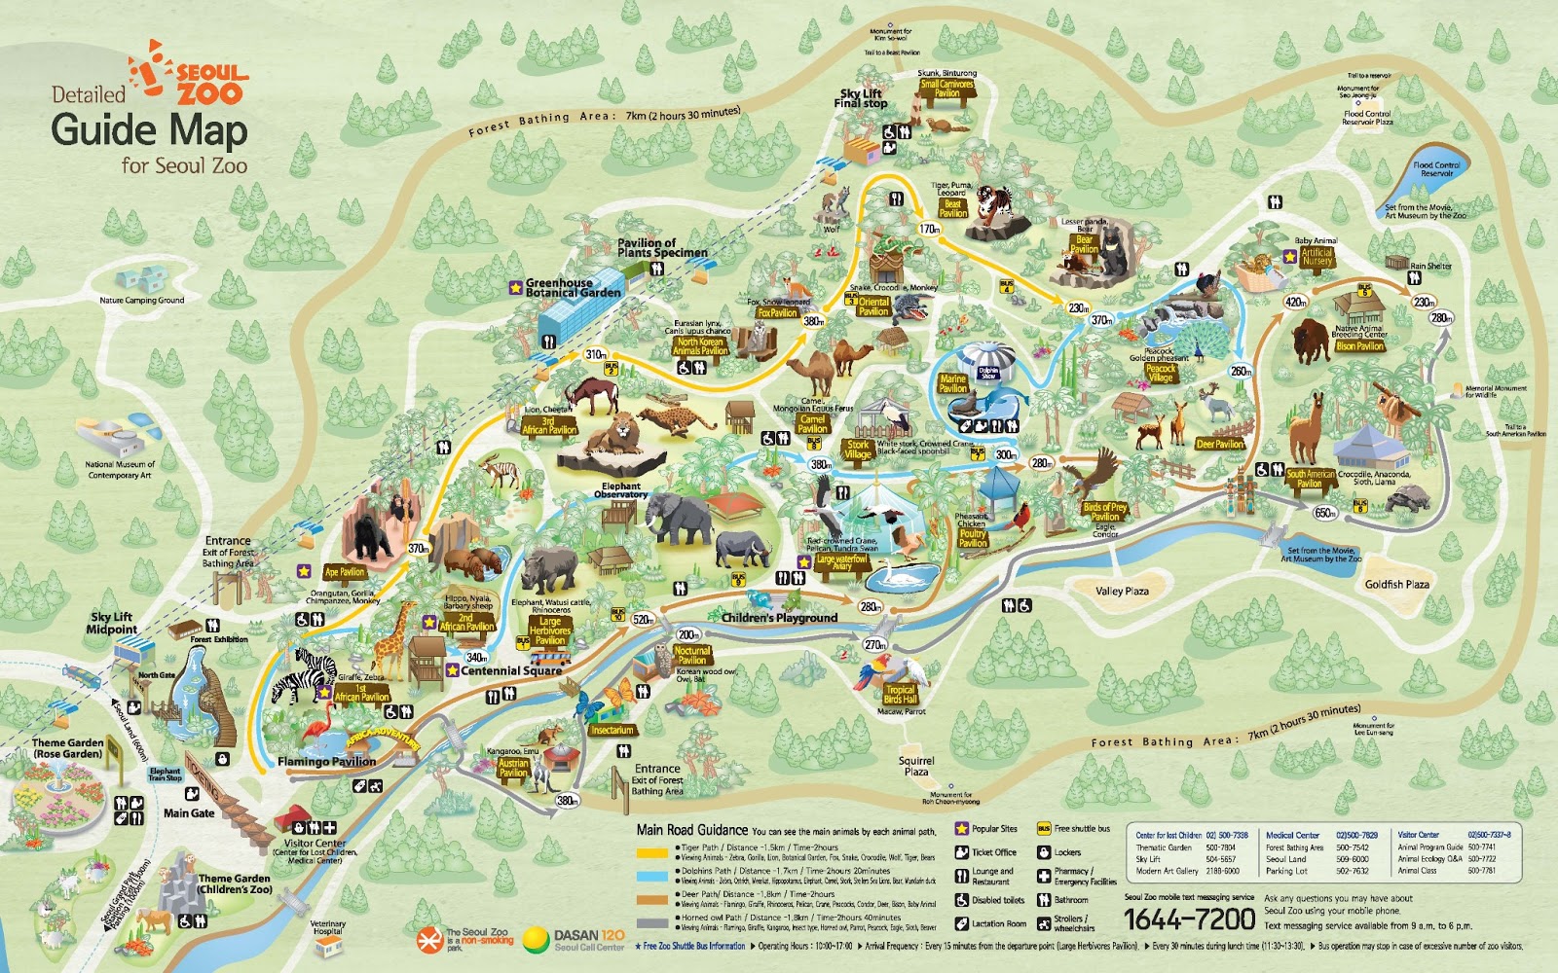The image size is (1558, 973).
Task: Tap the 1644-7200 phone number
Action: click(1189, 919)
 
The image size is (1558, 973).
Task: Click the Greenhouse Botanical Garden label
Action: click(573, 288)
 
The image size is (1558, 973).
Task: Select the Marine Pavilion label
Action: click(952, 383)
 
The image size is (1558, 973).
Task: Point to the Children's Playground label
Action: click(779, 618)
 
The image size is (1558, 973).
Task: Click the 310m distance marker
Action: click(595, 355)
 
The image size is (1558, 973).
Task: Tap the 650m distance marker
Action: click(1325, 513)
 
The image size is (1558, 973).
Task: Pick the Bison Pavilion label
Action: click(1359, 346)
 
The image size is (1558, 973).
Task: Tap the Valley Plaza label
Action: click(1122, 591)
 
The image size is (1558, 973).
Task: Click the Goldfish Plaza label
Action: click(1396, 585)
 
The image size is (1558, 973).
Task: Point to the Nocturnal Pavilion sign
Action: click(691, 656)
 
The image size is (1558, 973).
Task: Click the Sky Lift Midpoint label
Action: click(111, 623)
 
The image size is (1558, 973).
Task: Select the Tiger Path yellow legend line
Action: click(653, 851)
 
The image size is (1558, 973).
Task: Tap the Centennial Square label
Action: click(511, 670)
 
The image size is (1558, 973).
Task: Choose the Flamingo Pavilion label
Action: click(326, 761)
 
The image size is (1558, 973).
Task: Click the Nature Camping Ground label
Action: click(141, 301)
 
